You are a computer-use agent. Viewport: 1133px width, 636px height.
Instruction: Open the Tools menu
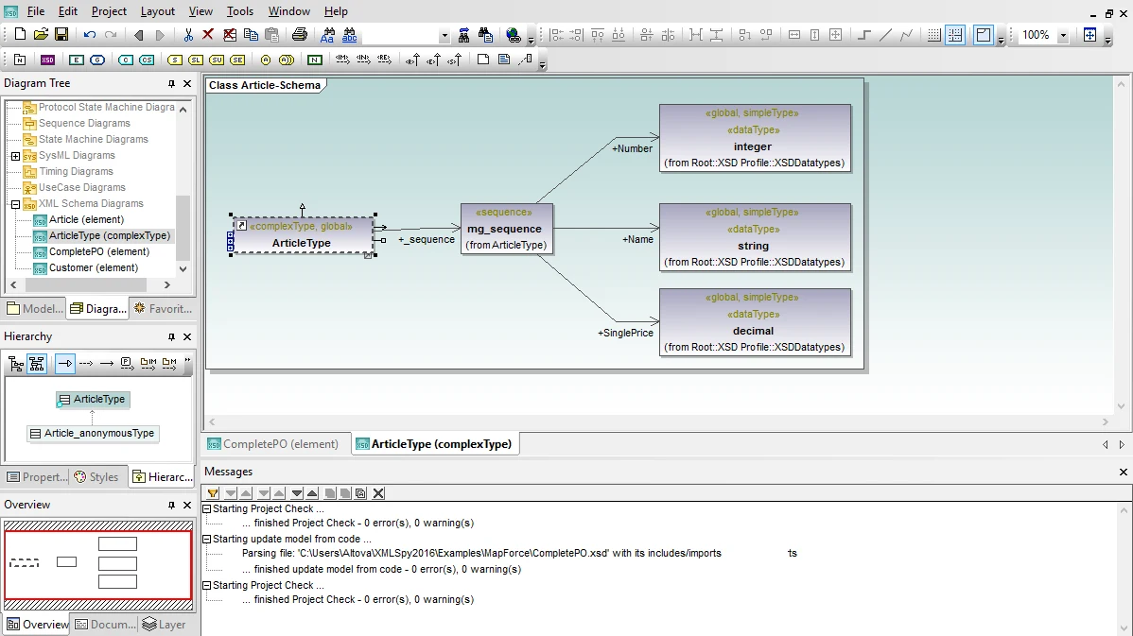click(x=240, y=11)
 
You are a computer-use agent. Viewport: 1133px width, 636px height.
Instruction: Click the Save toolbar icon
click(x=61, y=35)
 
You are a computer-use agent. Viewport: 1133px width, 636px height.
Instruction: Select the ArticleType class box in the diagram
click(x=302, y=234)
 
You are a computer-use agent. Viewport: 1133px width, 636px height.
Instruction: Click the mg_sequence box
click(x=507, y=229)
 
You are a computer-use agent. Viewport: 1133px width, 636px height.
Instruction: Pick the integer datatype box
click(x=755, y=138)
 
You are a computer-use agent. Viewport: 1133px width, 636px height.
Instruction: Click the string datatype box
click(x=755, y=237)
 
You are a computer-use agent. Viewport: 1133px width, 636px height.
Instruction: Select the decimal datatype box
click(x=755, y=322)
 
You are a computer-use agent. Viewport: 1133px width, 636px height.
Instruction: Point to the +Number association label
click(x=633, y=148)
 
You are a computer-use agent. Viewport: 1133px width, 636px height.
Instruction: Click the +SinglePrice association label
click(x=625, y=333)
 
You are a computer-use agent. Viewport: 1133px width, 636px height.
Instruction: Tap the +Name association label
click(x=637, y=239)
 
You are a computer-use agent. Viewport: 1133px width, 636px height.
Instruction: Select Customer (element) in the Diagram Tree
click(x=94, y=267)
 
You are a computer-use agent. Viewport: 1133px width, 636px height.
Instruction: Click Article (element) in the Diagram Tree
click(x=87, y=219)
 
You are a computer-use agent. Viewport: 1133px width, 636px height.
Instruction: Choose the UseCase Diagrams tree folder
click(x=81, y=188)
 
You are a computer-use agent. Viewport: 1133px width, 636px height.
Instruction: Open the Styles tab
click(x=96, y=477)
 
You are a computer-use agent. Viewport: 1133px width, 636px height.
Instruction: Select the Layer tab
click(x=164, y=625)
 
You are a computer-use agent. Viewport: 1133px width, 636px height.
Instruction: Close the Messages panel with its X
click(x=1123, y=473)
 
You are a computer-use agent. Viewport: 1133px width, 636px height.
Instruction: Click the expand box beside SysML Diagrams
click(x=15, y=156)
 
